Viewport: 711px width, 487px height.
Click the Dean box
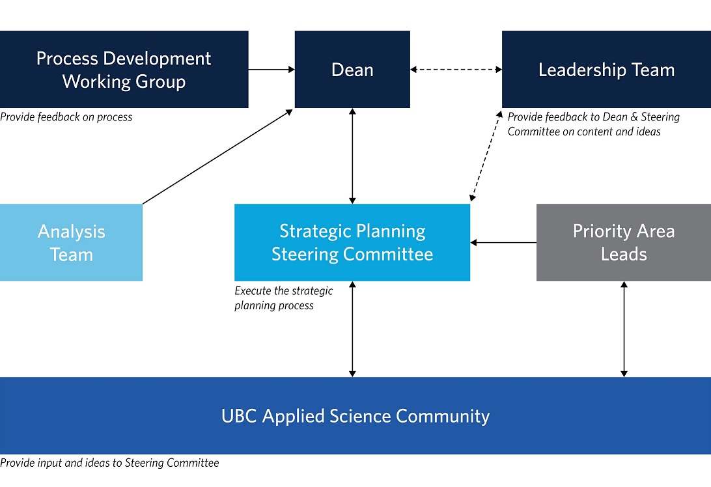352,70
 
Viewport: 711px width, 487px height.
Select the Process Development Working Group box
124,70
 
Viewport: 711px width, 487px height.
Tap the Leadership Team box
606,70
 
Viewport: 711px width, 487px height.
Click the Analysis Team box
71,243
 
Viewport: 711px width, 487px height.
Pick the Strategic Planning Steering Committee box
352,243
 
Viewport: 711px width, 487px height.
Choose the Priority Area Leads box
624,243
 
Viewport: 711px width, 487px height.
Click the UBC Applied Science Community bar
355,416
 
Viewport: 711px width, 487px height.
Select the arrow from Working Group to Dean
272,70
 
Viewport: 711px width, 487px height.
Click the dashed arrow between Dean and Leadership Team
456,70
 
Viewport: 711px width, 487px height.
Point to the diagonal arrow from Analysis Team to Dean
217,157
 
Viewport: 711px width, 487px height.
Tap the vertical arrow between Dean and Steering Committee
352,156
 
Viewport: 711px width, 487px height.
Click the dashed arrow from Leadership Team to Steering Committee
486,156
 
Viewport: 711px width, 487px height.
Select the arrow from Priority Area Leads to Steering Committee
503,243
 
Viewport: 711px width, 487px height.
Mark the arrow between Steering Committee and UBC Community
352,329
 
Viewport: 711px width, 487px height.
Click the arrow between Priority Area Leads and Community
624,329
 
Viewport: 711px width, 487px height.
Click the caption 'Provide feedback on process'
66,117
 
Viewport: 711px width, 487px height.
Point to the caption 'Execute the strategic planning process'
283,298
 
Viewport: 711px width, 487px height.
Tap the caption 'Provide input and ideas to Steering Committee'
109,463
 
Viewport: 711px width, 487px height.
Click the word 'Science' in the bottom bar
360,416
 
